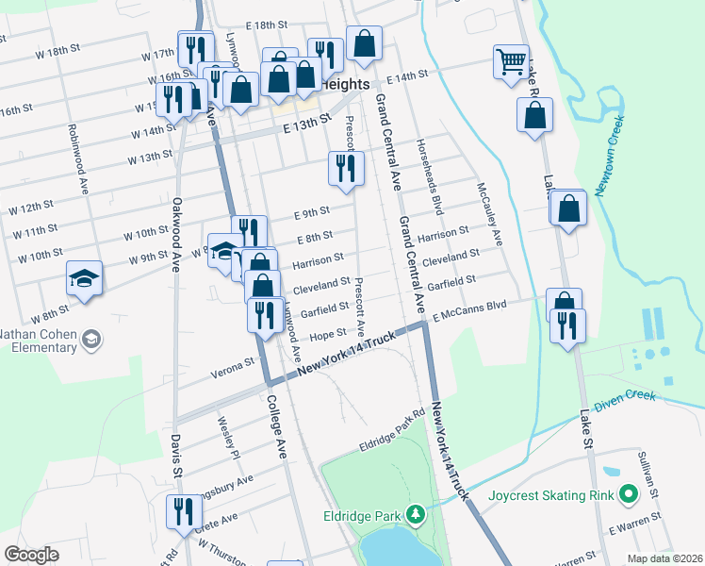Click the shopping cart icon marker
pyautogui.click(x=511, y=62)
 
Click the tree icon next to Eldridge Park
pyautogui.click(x=414, y=515)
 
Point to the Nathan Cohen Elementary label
pyautogui.click(x=38, y=340)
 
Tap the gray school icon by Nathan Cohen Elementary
pyautogui.click(x=91, y=339)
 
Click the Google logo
pyautogui.click(x=31, y=555)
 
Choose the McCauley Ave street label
pyautogui.click(x=490, y=213)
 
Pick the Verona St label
pyautogui.click(x=237, y=361)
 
